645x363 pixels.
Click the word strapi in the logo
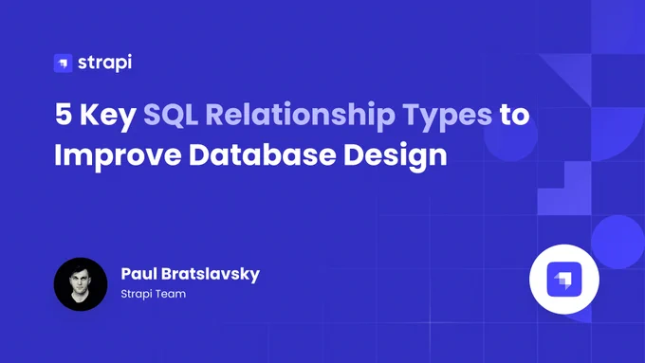105,63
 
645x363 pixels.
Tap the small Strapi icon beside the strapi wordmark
63,64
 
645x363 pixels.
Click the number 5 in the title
64,114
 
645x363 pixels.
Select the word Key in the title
108,117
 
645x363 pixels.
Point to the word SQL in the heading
171,115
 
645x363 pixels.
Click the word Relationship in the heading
301,117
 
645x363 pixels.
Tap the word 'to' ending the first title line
515,115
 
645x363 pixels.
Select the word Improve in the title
118,156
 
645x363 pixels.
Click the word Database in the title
263,154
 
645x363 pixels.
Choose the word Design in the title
396,156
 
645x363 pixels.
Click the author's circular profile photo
81,284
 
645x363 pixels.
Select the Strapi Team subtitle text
154,294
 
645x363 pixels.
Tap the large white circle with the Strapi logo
564,280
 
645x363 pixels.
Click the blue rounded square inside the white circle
564,280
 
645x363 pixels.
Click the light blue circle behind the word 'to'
510,135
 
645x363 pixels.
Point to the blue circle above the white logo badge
617,242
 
